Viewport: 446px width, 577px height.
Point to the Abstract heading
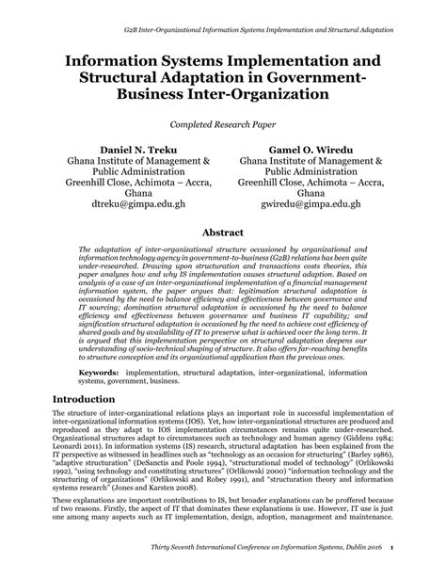223,232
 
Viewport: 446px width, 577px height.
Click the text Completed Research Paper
223,122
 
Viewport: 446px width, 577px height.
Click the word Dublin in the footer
351,568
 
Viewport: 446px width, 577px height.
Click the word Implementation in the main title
279,57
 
